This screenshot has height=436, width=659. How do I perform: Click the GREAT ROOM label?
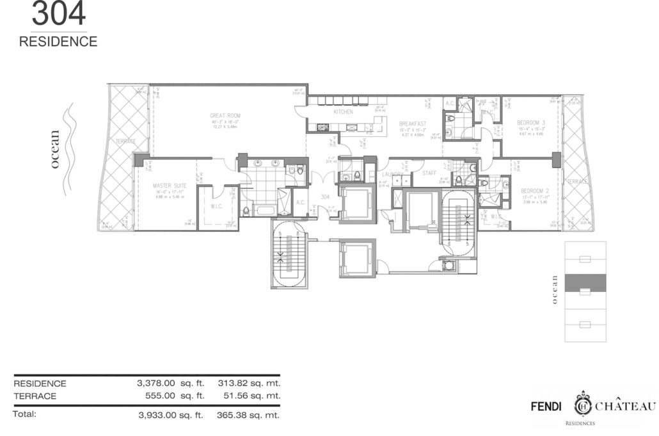click(x=220, y=116)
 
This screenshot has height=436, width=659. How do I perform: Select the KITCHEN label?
click(x=343, y=112)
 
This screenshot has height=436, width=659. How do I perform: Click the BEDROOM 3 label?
click(x=532, y=122)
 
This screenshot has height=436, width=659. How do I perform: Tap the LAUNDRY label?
click(x=393, y=174)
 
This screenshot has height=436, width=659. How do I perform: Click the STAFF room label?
click(x=428, y=173)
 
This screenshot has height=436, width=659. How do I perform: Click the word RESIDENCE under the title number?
click(x=58, y=42)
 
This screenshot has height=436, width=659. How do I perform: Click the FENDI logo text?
click(x=548, y=406)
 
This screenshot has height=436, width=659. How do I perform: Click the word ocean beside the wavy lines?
click(x=56, y=149)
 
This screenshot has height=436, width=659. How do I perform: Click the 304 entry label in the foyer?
click(x=324, y=197)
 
